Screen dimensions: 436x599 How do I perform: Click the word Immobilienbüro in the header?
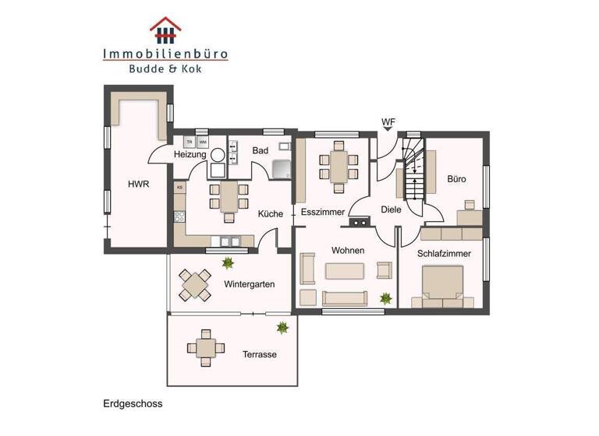pyautogui.click(x=165, y=54)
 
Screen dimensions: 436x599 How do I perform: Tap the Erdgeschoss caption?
pyautogui.click(x=132, y=404)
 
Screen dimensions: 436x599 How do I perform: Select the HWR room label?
pyautogui.click(x=139, y=185)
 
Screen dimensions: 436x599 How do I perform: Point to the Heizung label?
pyautogui.click(x=190, y=155)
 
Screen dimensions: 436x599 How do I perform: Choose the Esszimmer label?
pyautogui.click(x=322, y=212)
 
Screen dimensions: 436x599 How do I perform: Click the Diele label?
pyautogui.click(x=391, y=209)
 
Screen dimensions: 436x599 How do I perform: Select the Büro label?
pyautogui.click(x=456, y=179)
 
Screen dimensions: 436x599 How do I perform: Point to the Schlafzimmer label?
pyautogui.click(x=443, y=253)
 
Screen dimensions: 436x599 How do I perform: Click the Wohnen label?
pyautogui.click(x=348, y=251)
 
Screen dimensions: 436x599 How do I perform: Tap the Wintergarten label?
pyautogui.click(x=249, y=284)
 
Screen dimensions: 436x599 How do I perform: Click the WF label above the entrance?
pyautogui.click(x=388, y=122)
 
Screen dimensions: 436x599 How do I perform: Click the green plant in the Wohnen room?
pyautogui.click(x=385, y=297)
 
